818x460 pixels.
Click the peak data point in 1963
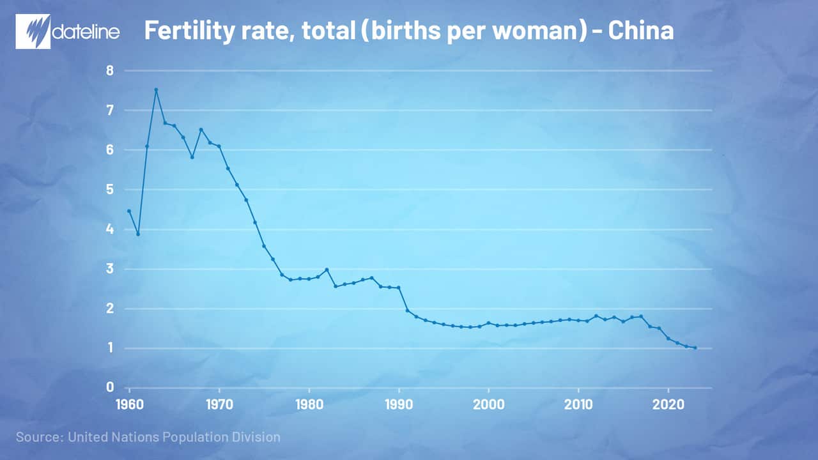156,89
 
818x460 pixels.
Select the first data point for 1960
129,211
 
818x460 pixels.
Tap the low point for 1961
138,234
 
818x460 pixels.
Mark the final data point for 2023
695,348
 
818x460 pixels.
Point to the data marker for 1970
219,146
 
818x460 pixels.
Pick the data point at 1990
399,288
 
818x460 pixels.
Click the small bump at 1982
327,270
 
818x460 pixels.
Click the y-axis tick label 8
109,71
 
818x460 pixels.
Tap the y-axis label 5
109,190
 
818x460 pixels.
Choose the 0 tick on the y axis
109,387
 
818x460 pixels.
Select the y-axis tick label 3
109,269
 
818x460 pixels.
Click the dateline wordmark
85,31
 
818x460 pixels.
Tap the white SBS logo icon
32,31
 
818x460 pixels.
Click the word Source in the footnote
37,438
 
